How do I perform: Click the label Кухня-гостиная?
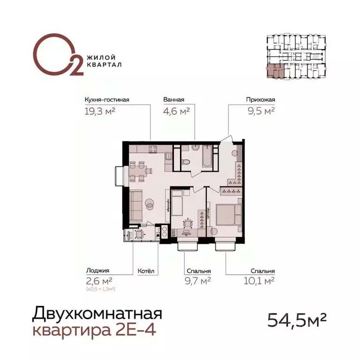[x=106, y=99]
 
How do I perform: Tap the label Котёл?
[x=146, y=271]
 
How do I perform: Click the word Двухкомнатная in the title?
[x=97, y=313]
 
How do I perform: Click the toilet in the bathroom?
[x=186, y=162]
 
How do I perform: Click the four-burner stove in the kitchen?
[x=153, y=150]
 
